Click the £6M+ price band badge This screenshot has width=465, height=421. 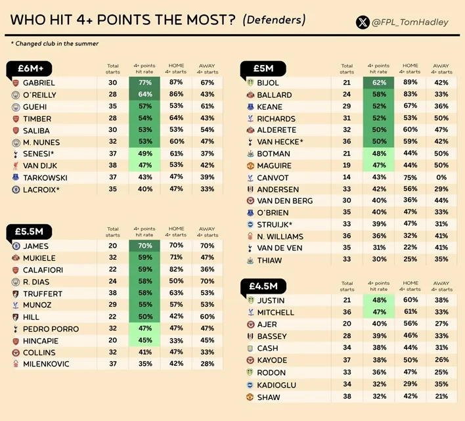[x=29, y=68]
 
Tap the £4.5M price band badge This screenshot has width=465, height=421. [x=263, y=286]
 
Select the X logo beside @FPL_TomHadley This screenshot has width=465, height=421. [x=363, y=22]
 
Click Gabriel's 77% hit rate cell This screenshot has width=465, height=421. [x=144, y=83]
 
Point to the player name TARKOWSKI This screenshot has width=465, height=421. [x=45, y=178]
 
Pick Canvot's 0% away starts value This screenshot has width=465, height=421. [x=441, y=177]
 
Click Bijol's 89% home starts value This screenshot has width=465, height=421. [x=410, y=82]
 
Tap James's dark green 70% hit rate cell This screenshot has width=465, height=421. [x=144, y=246]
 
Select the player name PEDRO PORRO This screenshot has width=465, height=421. [x=51, y=329]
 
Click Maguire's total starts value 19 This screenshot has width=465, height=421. [x=347, y=165]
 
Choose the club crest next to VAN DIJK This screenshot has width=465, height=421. [x=16, y=166]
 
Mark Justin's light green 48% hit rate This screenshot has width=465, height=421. [x=379, y=300]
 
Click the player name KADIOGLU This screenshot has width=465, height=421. [x=277, y=385]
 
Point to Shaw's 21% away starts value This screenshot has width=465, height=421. [x=441, y=396]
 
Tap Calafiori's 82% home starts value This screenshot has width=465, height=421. [x=176, y=269]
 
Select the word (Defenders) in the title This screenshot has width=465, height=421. [x=274, y=20]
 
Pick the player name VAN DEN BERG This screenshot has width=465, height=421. [x=284, y=201]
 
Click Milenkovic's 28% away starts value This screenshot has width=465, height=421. [x=207, y=363]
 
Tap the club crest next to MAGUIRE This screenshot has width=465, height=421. [x=250, y=166]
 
